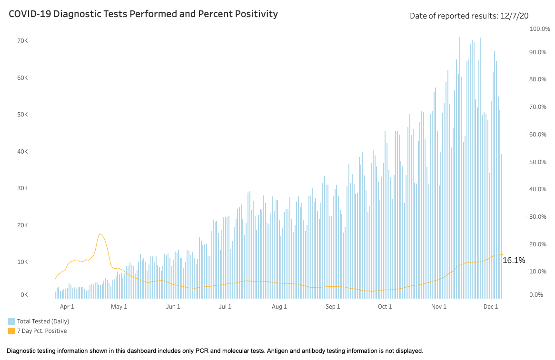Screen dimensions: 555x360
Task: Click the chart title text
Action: coord(143,14)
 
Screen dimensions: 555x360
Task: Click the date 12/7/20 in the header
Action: coord(514,16)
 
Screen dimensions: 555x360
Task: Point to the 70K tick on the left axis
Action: coord(22,41)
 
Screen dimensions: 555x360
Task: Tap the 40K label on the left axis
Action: coord(22,151)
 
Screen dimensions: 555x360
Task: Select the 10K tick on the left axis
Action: coord(22,262)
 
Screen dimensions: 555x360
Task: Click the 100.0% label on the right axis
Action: coord(540,29)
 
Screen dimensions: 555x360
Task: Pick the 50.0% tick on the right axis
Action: coord(538,162)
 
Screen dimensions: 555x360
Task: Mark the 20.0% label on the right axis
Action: coord(538,244)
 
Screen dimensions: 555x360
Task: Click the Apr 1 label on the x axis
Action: coord(67,307)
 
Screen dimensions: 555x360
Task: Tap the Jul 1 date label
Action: coord(225,307)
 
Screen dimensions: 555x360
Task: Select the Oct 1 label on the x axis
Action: coord(385,307)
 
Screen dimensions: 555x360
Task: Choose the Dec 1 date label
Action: coord(491,307)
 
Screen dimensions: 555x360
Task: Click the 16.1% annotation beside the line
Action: coord(514,261)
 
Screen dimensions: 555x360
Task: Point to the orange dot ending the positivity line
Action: coord(502,254)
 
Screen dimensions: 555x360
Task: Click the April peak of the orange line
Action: coord(100,234)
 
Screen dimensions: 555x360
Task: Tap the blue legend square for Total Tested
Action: coord(11,321)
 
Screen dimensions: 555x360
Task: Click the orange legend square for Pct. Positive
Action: coord(11,331)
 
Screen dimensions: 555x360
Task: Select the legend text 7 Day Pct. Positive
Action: coord(42,331)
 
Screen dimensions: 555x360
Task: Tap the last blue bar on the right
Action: coord(502,226)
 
